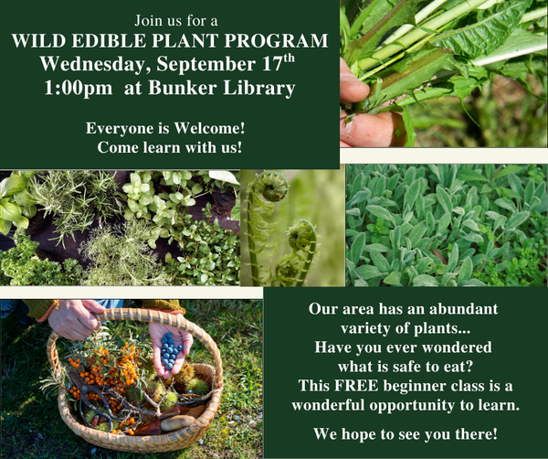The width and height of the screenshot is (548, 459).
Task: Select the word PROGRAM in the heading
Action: [x=276, y=40]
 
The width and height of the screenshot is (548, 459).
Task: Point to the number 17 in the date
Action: [x=272, y=63]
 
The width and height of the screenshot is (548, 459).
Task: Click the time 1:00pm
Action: [x=79, y=89]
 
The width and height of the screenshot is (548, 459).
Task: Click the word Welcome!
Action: [x=210, y=128]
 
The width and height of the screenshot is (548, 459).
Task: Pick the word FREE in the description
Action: [x=356, y=386]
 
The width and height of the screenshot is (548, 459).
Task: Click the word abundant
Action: [x=463, y=309]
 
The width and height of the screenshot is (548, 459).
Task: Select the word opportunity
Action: [x=412, y=405]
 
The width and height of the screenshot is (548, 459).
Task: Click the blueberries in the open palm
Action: [x=170, y=352]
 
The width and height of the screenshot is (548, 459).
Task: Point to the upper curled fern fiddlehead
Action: [x=270, y=186]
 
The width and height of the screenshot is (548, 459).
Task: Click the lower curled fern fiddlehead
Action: [x=301, y=236]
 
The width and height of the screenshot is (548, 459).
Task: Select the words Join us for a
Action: [x=176, y=21]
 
